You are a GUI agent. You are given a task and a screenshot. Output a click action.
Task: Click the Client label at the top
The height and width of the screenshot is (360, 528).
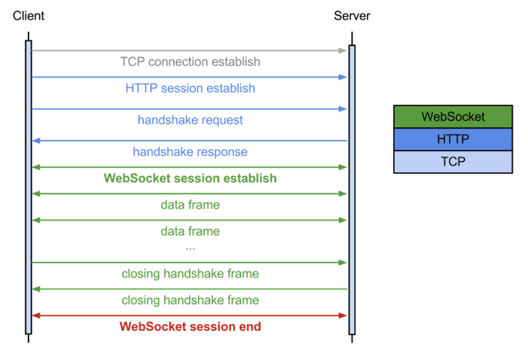[28, 16]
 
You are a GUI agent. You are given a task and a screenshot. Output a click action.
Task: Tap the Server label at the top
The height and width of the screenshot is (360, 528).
[351, 16]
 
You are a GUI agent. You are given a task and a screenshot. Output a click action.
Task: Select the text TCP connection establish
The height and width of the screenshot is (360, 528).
[190, 61]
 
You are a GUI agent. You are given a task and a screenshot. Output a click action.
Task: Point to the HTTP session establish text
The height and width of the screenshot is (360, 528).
[190, 88]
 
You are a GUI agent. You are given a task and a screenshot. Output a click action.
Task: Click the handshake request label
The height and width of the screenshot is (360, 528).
[190, 119]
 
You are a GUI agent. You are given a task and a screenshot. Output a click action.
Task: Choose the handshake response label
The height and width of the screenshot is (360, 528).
[190, 151]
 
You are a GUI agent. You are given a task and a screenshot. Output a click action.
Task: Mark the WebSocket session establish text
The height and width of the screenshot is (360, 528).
[190, 178]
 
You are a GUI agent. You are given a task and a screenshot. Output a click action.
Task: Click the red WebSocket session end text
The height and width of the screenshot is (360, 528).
[190, 326]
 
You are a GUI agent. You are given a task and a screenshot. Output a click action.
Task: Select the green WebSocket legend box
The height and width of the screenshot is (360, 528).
[453, 116]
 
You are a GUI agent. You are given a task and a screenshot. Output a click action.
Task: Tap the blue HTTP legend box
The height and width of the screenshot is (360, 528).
[453, 139]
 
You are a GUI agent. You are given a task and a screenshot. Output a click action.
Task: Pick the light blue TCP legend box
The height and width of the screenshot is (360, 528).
[453, 161]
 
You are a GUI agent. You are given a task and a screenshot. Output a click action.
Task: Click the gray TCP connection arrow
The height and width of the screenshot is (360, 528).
[190, 50]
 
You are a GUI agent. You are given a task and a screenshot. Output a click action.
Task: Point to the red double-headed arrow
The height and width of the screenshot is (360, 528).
[190, 315]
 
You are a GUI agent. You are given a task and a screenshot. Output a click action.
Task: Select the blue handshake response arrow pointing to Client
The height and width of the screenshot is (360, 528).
[190, 140]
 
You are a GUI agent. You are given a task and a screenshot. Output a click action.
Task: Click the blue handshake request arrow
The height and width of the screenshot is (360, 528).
[190, 109]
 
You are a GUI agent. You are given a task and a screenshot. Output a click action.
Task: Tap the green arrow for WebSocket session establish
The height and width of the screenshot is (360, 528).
[190, 166]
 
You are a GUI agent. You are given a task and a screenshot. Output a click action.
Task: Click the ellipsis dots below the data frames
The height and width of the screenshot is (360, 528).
[190, 247]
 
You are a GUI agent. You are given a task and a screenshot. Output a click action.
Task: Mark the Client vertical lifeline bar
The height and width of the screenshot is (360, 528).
[28, 187]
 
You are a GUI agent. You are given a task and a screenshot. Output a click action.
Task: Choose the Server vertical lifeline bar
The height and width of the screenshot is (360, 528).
[352, 187]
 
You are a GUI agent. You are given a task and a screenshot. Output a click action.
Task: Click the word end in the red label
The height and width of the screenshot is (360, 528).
[250, 326]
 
